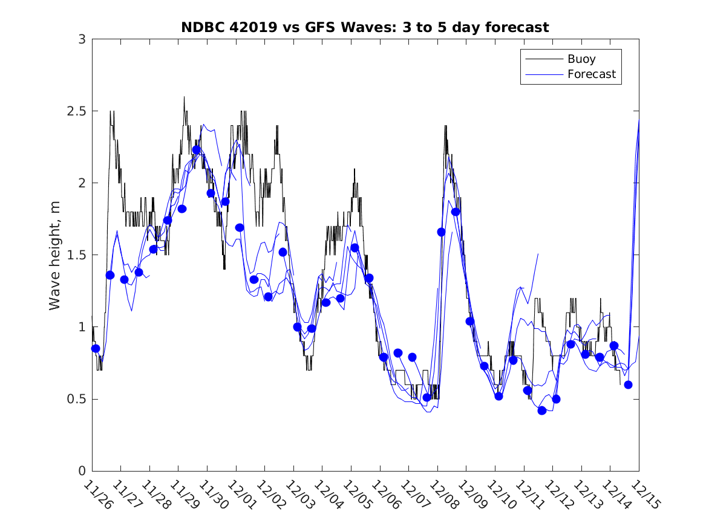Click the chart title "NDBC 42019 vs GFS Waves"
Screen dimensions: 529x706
365,28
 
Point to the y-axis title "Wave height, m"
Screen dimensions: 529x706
55,255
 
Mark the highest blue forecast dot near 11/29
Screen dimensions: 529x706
196,150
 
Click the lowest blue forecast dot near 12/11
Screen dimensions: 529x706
542,411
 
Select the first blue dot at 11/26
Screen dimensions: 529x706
96,348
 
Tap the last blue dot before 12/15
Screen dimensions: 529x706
628,385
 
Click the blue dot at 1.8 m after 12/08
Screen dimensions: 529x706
456,212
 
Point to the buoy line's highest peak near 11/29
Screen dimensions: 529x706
184,97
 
